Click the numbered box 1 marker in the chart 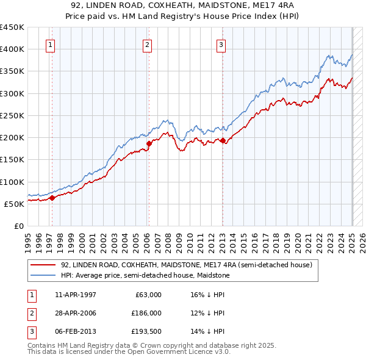point(49,44)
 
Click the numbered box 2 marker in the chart point(148,44)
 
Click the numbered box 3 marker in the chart point(221,44)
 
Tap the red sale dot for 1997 point(52,198)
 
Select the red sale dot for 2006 point(149,143)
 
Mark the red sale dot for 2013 point(223,140)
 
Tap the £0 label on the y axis point(18,226)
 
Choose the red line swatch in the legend point(44,265)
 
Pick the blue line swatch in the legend point(44,275)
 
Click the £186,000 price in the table point(147,312)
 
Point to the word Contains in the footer point(43,345)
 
